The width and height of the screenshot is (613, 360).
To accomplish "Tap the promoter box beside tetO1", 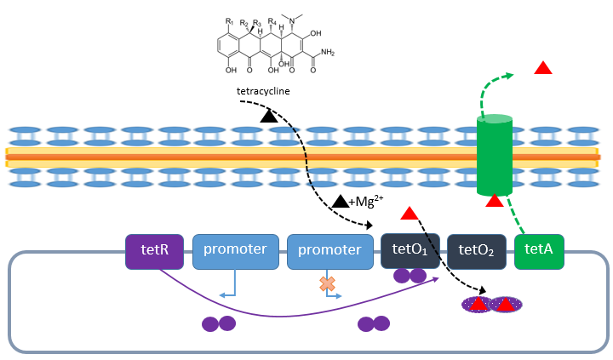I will [x=330, y=251].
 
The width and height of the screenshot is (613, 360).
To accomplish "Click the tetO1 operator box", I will [x=410, y=251].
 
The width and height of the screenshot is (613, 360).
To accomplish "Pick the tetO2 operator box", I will [x=478, y=251].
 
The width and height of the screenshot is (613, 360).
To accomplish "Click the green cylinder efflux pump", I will [x=494, y=157].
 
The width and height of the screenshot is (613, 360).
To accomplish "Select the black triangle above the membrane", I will [x=269, y=115].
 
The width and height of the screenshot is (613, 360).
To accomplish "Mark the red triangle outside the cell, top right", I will [x=542, y=67].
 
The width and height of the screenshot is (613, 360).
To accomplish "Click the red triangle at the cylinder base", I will [x=494, y=201].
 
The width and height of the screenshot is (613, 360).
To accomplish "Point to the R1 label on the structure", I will [x=230, y=20].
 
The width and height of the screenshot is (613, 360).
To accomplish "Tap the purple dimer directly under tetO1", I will [x=410, y=276].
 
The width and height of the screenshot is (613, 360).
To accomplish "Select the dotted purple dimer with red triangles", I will [x=491, y=303].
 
